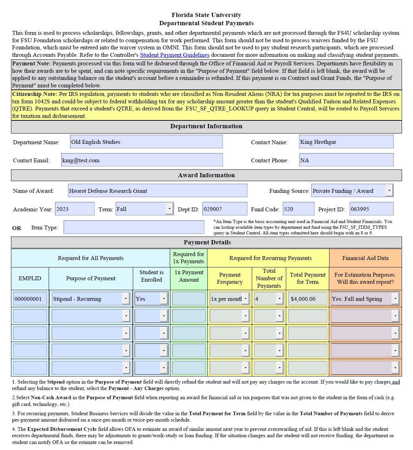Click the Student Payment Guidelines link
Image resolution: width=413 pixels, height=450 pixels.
pos(174,55)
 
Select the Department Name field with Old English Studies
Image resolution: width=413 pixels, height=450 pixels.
pos(146,142)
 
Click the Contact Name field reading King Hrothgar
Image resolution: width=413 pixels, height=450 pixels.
pos(346,142)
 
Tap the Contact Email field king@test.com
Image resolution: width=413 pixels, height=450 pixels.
pos(142,160)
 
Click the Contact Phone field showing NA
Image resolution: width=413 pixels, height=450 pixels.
pos(346,160)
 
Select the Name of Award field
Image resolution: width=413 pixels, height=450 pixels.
pos(157,191)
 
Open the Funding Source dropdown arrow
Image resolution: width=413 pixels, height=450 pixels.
pos(389,191)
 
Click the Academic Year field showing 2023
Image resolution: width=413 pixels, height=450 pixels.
pos(75,209)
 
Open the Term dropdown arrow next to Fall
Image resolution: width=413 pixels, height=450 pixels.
pos(169,209)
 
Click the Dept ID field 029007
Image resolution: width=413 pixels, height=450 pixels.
pos(224,209)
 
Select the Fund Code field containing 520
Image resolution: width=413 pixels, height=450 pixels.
pos(298,209)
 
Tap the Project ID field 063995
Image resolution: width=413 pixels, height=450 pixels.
pos(371,209)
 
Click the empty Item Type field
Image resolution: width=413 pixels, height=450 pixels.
pos(134,227)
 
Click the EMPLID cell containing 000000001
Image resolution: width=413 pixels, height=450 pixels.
pos(30,299)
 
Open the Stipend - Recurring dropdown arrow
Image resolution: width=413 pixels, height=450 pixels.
pos(126,299)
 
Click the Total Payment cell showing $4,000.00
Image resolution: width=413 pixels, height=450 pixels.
pos(308,299)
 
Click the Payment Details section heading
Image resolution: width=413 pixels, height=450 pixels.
pos(207,242)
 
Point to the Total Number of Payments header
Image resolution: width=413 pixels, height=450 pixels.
pos(269,278)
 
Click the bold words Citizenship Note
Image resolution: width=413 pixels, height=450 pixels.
pos(34,94)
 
